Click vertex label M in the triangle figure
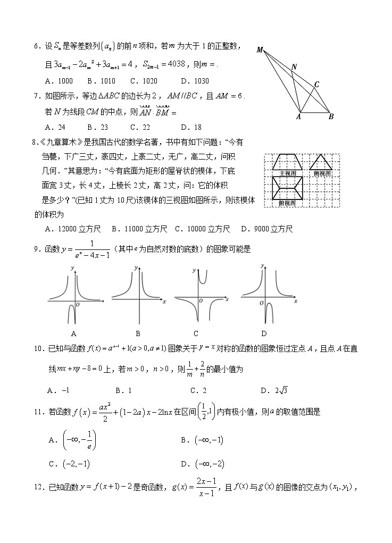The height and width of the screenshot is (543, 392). click(260, 50)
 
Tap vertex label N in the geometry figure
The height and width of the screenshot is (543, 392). click(294, 67)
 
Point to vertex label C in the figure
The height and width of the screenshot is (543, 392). click(316, 84)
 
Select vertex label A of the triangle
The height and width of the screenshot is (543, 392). click(298, 117)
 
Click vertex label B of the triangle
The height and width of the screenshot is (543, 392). click(330, 117)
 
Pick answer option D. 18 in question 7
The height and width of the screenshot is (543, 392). click(191, 127)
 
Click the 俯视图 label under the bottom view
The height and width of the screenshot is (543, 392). click(288, 203)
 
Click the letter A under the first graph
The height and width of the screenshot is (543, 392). click(73, 333)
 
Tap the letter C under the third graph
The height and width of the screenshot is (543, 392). click(196, 333)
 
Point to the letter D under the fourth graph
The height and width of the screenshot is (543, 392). click(264, 333)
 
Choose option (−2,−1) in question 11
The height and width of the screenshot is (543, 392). click(76, 464)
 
